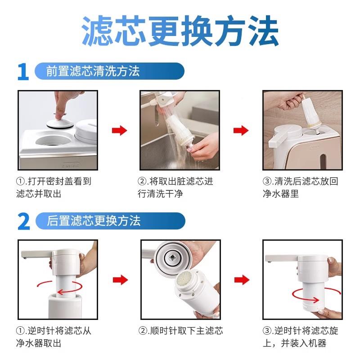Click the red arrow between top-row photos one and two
pos(119,130)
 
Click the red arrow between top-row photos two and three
pos(241,130)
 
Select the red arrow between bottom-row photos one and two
pos(119,279)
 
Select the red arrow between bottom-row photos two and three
pos(241,279)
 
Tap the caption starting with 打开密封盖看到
pos(54,188)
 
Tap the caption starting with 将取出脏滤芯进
pos(175,188)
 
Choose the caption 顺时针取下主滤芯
pos(180,331)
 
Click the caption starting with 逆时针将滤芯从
pos(54,337)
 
